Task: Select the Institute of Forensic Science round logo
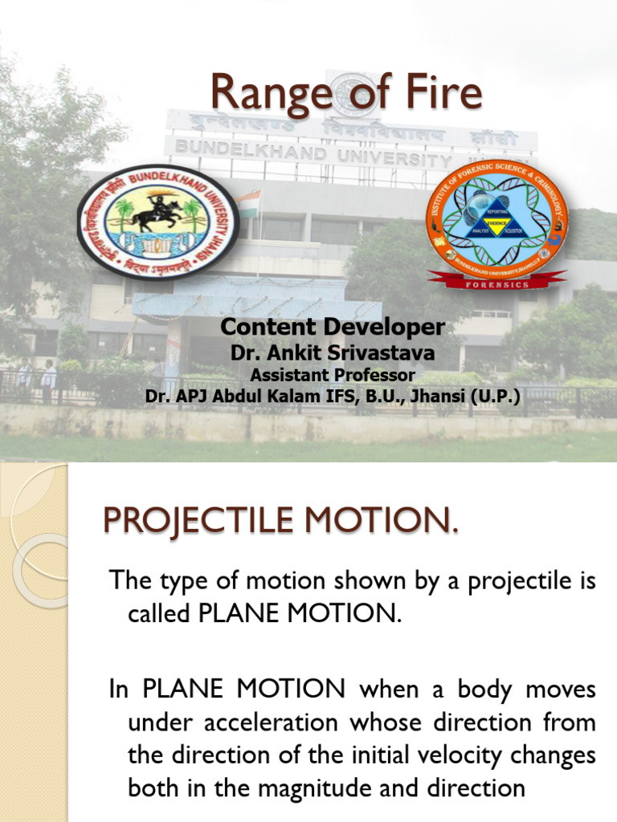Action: click(496, 217)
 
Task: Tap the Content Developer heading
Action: click(332, 327)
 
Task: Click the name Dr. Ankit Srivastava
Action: click(332, 352)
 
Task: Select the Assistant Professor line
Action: click(332, 374)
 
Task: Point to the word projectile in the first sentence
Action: click(515, 581)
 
